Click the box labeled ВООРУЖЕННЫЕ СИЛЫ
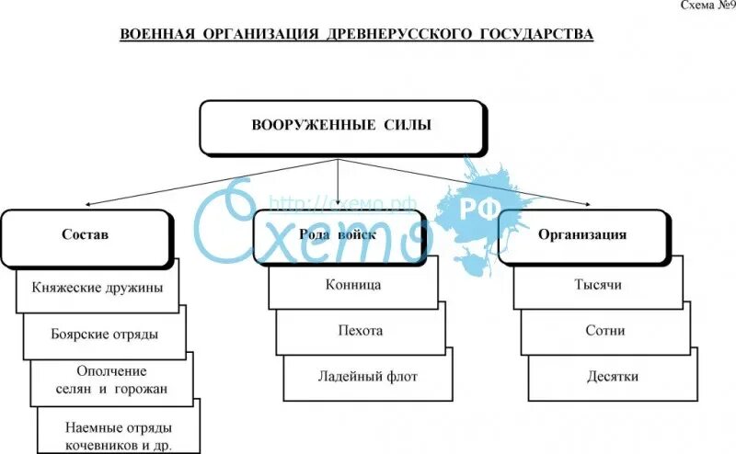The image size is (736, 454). (x=340, y=125)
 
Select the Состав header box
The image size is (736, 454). (x=85, y=235)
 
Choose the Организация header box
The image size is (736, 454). (x=582, y=235)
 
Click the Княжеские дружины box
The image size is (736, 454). (x=97, y=287)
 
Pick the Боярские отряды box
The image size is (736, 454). (x=104, y=334)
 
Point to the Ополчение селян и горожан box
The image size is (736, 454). (x=111, y=380)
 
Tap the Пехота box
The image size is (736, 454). (x=360, y=330)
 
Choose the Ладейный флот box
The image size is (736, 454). (x=367, y=376)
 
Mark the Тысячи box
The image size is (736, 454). (x=597, y=285)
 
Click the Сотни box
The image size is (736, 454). (x=604, y=330)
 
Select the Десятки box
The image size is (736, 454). (x=612, y=376)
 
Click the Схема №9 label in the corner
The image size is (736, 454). (x=706, y=6)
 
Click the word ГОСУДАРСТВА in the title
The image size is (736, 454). (x=536, y=35)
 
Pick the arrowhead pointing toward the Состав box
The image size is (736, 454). (x=87, y=204)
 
